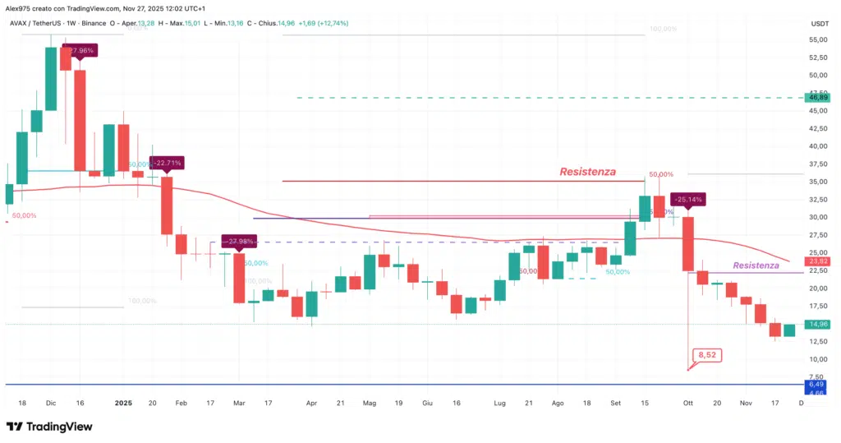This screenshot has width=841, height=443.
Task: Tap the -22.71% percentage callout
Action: click(x=166, y=162)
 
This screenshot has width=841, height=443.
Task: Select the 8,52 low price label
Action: click(x=706, y=355)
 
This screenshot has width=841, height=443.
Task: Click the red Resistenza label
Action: click(x=587, y=172)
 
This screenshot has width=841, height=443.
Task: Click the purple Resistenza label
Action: click(x=756, y=265)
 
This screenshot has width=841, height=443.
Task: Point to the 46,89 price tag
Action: click(x=816, y=97)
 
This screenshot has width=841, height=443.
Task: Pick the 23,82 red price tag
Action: click(x=816, y=261)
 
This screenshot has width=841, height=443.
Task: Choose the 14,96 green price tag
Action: click(x=816, y=324)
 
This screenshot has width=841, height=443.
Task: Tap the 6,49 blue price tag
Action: click(x=816, y=384)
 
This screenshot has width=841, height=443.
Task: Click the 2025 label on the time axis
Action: click(x=123, y=404)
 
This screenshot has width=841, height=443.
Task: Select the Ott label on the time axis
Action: click(x=688, y=404)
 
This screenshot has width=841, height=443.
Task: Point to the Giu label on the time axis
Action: click(x=427, y=404)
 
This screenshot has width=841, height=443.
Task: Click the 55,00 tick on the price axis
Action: click(x=816, y=39)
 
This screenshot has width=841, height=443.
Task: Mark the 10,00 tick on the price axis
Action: click(x=816, y=359)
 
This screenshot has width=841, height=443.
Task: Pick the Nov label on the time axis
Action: click(x=746, y=404)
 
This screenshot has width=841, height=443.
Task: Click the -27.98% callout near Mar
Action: click(x=237, y=242)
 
